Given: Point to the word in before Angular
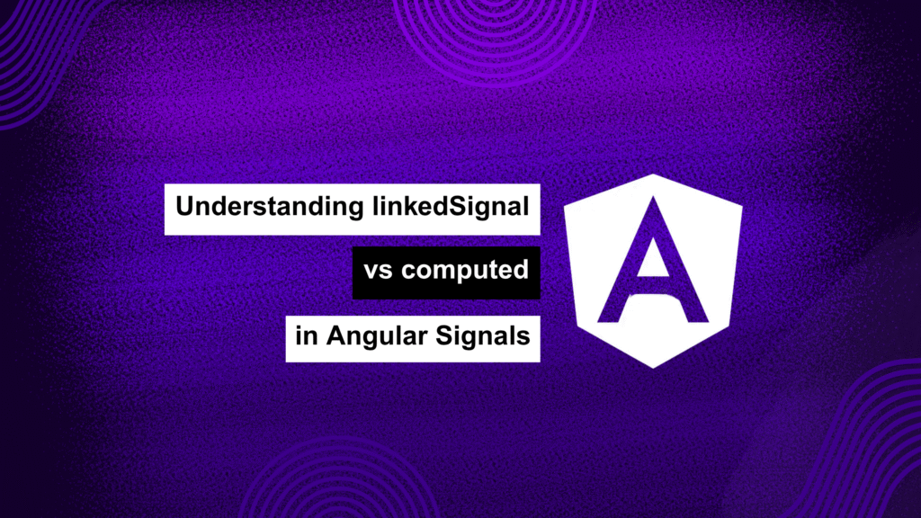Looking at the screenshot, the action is [x=307, y=336].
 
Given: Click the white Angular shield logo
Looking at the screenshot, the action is [x=653, y=271].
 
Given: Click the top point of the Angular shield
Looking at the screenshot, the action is [x=653, y=174].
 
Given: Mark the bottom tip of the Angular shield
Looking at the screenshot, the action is [x=653, y=368].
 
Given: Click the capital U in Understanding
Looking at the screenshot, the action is [x=187, y=206].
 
